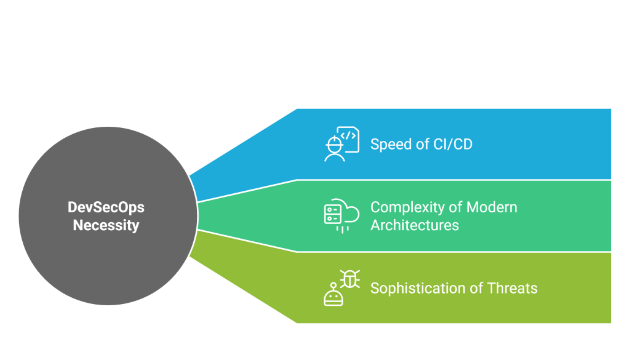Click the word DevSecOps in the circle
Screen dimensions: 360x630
pos(106,208)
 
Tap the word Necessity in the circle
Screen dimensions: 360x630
pos(106,225)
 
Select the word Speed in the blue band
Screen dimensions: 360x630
pos(390,145)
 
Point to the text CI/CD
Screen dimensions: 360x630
pos(453,145)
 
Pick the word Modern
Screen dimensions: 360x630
pos(492,207)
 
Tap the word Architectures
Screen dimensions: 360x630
pos(414,225)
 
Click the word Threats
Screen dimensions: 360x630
pos(512,288)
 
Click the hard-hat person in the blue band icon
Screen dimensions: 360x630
pos(334,150)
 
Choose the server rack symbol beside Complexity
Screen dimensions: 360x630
pos(332,214)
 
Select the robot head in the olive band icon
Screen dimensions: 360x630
pos(333,296)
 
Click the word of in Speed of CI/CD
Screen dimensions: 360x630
pos(421,145)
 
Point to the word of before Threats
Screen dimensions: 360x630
pos(477,288)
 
